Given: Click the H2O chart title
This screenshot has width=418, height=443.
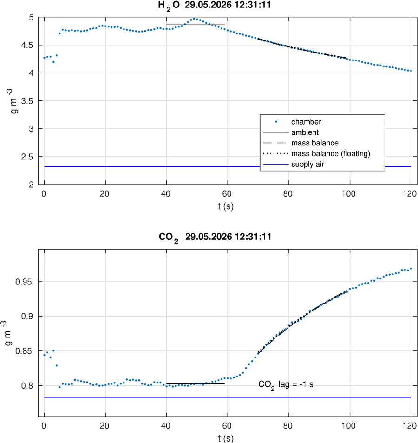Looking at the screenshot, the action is click(215, 6).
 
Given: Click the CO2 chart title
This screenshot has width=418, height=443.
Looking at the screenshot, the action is click(215, 238).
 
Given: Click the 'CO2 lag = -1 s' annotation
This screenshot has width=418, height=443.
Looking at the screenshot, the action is click(286, 385).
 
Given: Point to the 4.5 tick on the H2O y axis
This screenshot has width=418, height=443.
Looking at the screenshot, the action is click(27, 45).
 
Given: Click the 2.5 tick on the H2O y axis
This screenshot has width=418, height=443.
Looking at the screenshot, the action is click(27, 157).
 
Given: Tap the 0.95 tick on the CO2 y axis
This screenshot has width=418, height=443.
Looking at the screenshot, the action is click(24, 282).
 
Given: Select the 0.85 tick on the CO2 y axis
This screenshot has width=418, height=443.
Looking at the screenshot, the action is click(24, 351).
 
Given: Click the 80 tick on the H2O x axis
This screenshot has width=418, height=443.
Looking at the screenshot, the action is click(288, 194).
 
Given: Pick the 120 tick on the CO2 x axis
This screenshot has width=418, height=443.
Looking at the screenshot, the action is click(410, 426).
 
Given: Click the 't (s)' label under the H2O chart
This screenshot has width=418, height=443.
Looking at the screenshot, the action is click(226, 206).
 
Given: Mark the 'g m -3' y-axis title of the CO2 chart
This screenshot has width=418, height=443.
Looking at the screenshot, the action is click(7, 333).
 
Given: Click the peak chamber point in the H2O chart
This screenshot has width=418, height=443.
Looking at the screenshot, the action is click(194, 19).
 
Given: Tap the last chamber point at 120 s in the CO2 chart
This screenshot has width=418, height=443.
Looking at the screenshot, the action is click(411, 268).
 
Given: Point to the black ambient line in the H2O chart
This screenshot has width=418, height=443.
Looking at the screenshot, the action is click(196, 25).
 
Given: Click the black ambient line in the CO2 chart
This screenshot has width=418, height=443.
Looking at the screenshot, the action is click(196, 383).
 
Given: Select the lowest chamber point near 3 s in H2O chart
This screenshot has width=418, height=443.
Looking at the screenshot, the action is click(53, 62).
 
